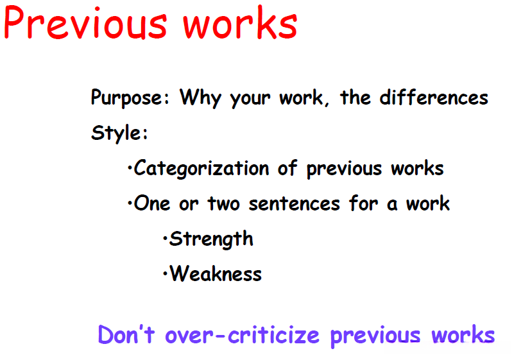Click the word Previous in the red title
(85, 23)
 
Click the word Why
(201, 98)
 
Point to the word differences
(434, 97)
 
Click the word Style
(119, 133)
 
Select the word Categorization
(201, 169)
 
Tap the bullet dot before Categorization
(130, 169)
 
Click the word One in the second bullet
(152, 203)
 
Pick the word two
(224, 203)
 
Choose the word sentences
(295, 203)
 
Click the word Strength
(211, 239)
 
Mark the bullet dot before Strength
(165, 239)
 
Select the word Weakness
(216, 273)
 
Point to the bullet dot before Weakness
(165, 274)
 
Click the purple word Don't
(126, 334)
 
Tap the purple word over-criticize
(243, 335)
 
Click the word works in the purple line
(463, 334)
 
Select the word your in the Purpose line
(250, 99)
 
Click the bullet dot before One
(130, 204)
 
